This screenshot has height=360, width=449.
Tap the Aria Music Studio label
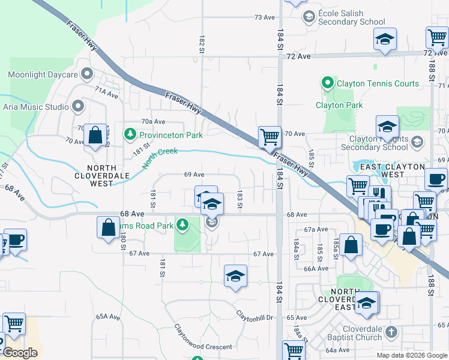(36, 107)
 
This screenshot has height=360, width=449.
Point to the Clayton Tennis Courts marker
(328, 83)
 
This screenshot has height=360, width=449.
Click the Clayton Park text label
(339, 105)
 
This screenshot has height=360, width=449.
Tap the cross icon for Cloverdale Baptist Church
(390, 332)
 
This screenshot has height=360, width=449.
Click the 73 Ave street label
(264, 17)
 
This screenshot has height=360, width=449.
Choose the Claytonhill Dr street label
(254, 315)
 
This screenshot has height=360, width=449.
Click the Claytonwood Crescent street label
(203, 346)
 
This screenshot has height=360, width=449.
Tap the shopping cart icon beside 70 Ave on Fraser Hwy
(270, 137)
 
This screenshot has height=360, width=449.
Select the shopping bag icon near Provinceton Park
(95, 135)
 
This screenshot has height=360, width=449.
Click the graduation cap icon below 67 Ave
(235, 275)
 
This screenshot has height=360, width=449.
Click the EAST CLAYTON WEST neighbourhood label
(393, 170)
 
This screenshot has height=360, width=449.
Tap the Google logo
(20, 353)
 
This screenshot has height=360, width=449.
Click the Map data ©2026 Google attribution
(411, 355)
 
